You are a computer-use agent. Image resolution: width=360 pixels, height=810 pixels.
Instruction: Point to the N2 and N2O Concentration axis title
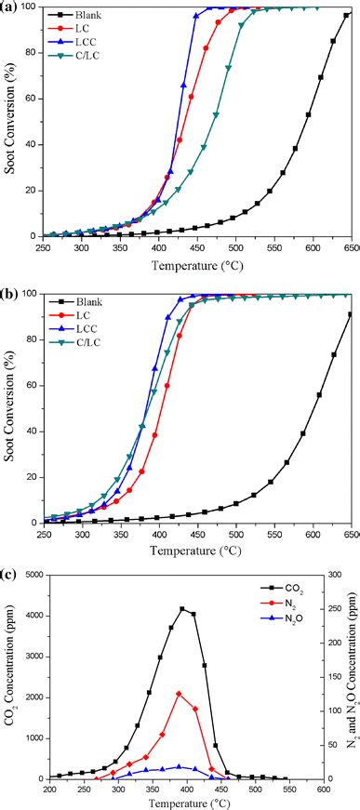point(353,678)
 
